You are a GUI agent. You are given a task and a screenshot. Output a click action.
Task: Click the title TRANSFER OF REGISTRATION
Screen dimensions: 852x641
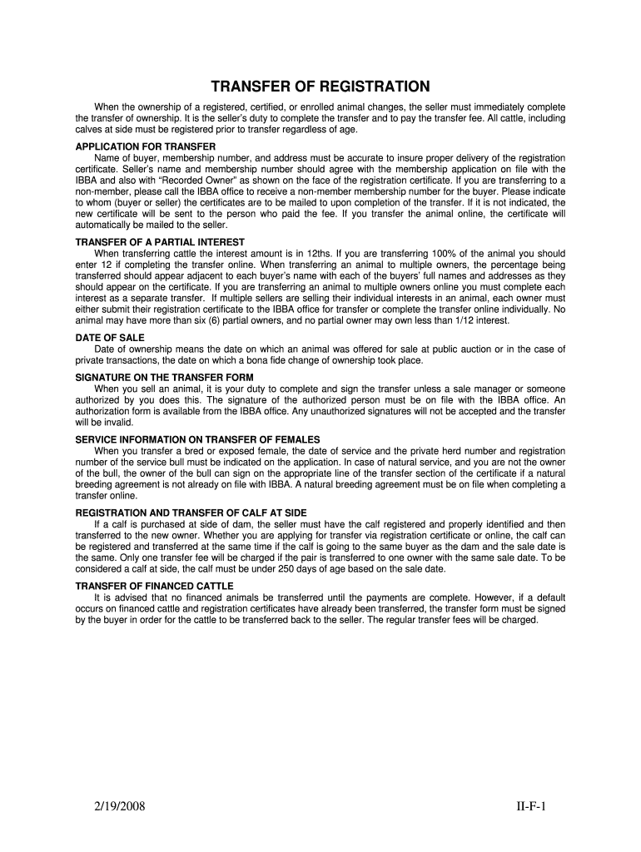(x=320, y=87)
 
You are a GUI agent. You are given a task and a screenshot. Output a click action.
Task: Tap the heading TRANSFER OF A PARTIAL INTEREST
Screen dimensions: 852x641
(x=152, y=242)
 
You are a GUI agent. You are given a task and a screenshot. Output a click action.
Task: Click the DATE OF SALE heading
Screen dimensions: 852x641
(x=110, y=338)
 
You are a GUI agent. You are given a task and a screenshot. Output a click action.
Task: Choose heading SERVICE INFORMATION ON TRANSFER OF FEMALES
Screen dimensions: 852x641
(x=197, y=439)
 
